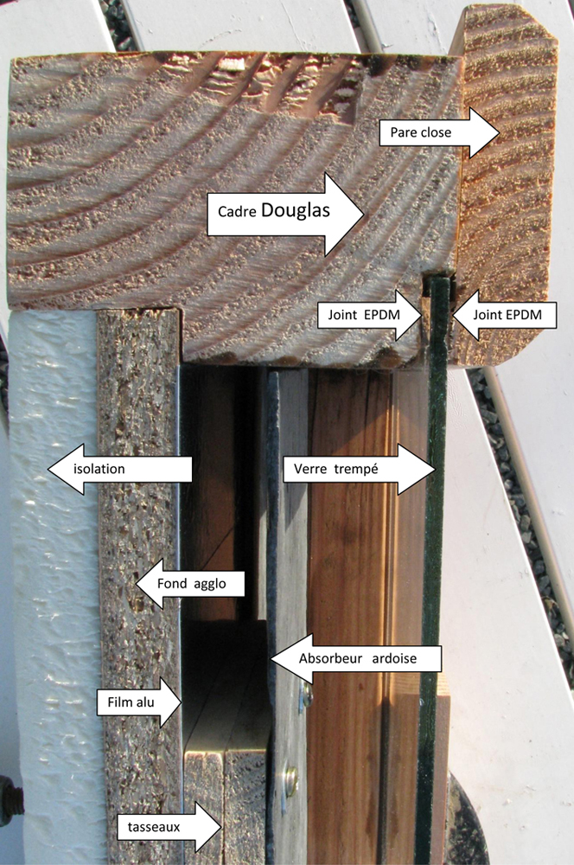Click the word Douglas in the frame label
296,210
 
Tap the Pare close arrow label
439,132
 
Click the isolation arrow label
120,469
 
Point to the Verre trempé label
360,469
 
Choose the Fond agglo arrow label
190,584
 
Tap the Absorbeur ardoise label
356,658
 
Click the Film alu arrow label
139,702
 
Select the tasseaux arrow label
169,827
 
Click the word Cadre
237,212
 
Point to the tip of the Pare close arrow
500,132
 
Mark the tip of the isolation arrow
48,469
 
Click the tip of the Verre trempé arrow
436,469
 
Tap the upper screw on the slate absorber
305,695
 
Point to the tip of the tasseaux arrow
221,827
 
